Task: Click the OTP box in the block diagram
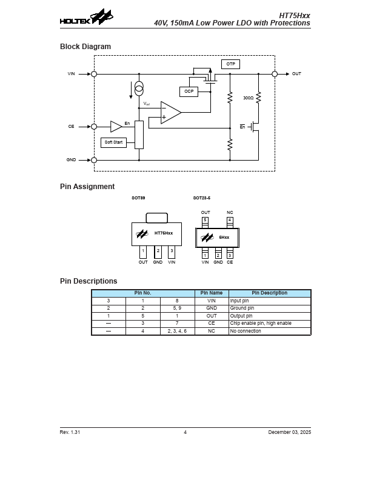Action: pos(230,64)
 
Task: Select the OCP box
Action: pos(189,92)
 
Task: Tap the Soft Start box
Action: pos(113,142)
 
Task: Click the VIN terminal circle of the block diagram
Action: pos(94,74)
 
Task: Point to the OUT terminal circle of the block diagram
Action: pos(275,74)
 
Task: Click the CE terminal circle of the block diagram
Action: pos(94,127)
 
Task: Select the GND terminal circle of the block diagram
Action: pos(94,160)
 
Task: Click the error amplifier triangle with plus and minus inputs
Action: pos(170,112)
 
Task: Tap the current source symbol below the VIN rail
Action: pos(139,88)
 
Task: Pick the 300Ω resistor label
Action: pos(248,98)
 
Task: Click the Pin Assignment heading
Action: pos(87,187)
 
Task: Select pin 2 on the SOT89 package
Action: pos(158,250)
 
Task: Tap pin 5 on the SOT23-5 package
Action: pos(206,220)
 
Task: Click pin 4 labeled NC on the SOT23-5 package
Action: pos(230,220)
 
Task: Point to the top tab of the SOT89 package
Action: pos(157,218)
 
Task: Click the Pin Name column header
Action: pos(212,293)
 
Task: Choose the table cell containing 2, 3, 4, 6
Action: pos(177,332)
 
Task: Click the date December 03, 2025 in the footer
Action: pos(289,432)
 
